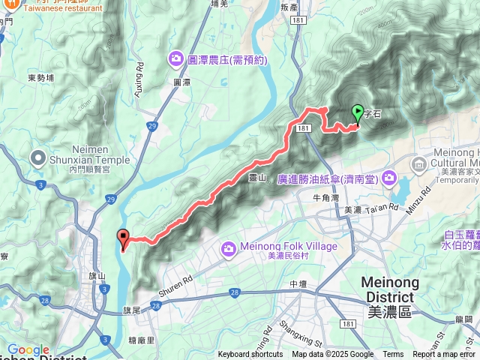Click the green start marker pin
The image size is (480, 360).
pyautogui.click(x=358, y=113)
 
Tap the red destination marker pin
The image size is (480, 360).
pyautogui.click(x=122, y=238)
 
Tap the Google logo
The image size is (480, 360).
pyautogui.click(x=28, y=350)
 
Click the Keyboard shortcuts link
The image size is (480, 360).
pyautogui.click(x=250, y=355)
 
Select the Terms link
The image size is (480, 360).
pyautogui.click(x=393, y=355)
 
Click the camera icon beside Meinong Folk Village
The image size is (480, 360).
pyautogui.click(x=229, y=247)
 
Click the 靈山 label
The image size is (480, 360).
pyautogui.click(x=257, y=178)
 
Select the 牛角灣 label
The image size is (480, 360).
pyautogui.click(x=326, y=197)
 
